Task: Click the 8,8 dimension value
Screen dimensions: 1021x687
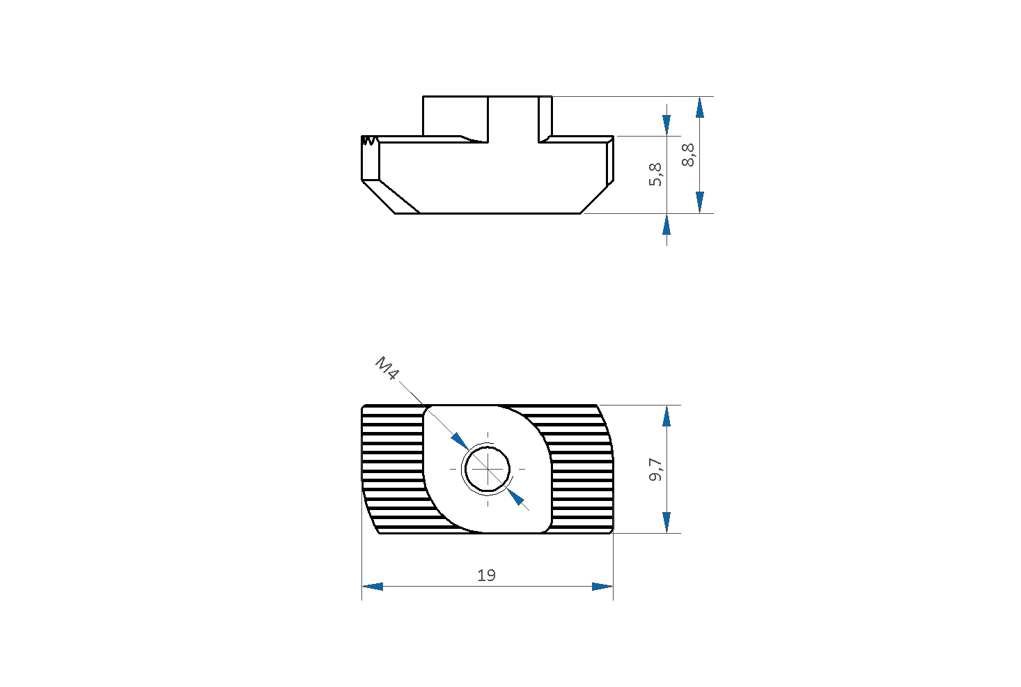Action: click(688, 155)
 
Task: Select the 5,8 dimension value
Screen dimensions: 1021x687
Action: click(655, 175)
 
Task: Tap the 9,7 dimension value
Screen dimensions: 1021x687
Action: click(656, 470)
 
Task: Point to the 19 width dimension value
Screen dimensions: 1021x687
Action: click(486, 576)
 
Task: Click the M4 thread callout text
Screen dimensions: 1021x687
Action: click(387, 369)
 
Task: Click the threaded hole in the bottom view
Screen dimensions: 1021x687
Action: click(488, 469)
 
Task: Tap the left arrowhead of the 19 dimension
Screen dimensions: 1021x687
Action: click(373, 586)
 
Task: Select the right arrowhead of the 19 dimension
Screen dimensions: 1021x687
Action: click(602, 586)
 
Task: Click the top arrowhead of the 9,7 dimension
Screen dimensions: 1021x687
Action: click(667, 416)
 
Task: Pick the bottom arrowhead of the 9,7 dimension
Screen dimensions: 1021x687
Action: click(667, 523)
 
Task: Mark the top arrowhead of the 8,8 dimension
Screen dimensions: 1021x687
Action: click(700, 107)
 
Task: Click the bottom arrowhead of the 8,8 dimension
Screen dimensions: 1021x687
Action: click(700, 203)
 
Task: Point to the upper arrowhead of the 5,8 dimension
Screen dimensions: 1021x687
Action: click(667, 125)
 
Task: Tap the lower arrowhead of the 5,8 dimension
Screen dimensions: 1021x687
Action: click(667, 224)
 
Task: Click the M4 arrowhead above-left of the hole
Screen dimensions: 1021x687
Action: click(460, 441)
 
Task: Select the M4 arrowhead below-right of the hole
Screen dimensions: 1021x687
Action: click(515, 497)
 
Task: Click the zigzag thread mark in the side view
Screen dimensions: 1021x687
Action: click(368, 141)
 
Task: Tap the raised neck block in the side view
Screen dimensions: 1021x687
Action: click(488, 116)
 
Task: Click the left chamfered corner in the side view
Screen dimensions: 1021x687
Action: click(390, 197)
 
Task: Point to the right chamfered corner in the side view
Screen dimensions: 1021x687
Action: click(597, 197)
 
